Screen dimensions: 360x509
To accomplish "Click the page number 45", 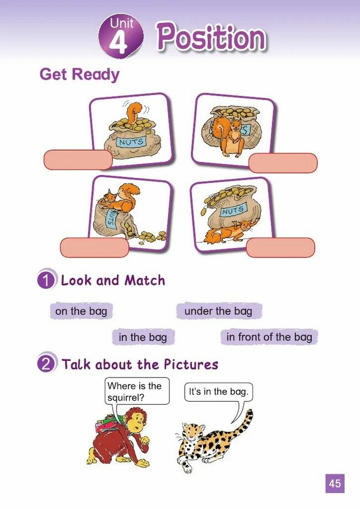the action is click(335, 484).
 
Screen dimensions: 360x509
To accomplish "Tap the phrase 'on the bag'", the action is click(81, 311).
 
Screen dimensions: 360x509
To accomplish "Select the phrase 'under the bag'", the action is click(218, 311).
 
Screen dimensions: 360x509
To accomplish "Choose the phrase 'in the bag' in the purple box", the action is click(143, 337).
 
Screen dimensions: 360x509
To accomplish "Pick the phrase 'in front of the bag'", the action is click(269, 337).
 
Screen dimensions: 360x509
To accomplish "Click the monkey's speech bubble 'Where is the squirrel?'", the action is click(137, 391).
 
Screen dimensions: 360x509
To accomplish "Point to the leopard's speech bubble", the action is click(218, 392).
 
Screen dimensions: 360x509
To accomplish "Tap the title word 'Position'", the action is click(212, 38).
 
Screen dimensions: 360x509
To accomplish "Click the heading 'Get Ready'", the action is click(79, 74).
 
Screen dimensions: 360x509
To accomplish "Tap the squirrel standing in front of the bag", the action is click(231, 135).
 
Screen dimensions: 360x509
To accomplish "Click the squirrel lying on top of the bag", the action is click(119, 198).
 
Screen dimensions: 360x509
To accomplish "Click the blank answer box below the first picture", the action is click(78, 160).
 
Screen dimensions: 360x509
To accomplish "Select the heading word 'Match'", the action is click(145, 280).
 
